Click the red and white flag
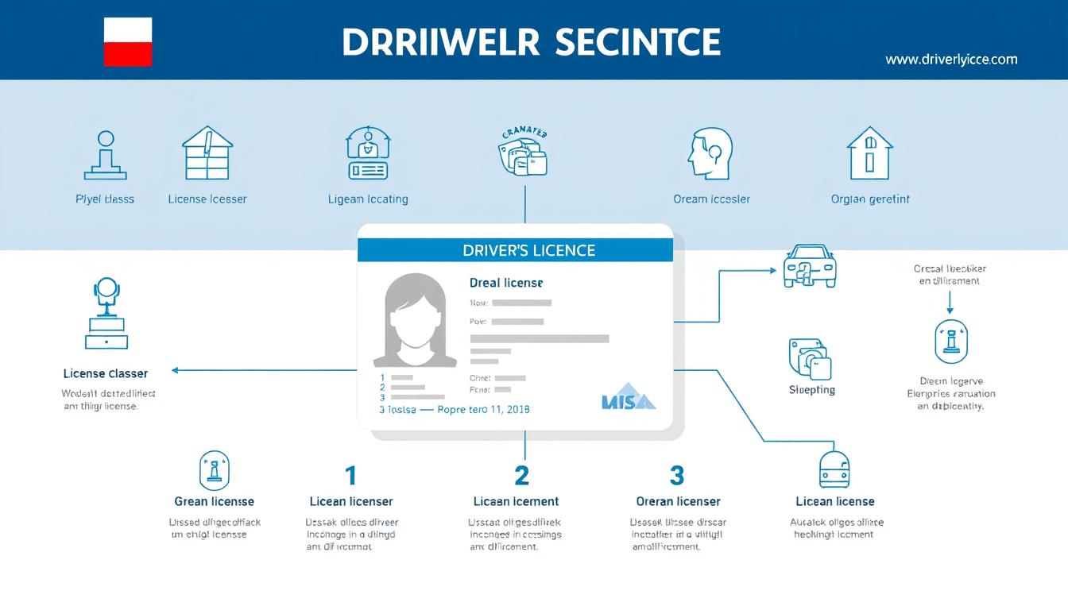[128, 42]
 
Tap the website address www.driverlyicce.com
[950, 60]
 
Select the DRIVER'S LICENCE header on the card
[528, 250]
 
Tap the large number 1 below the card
[350, 476]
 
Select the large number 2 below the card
[522, 476]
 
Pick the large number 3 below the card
[677, 476]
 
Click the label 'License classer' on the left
[106, 373]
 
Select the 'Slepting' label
[811, 390]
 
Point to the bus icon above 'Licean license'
[834, 469]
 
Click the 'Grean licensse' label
[214, 501]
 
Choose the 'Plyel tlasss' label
[105, 199]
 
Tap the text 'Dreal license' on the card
[506, 283]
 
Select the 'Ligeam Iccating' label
[368, 199]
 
